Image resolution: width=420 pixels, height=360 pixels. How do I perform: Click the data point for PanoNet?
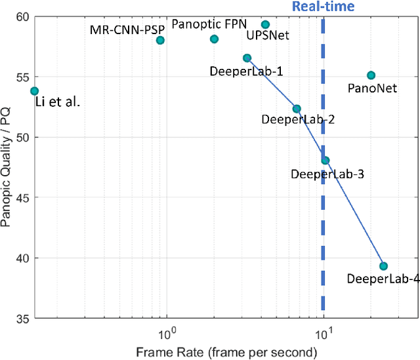(x=371, y=75)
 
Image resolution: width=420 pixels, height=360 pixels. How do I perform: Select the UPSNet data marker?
(x=265, y=25)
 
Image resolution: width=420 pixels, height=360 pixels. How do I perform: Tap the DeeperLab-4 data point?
(x=383, y=266)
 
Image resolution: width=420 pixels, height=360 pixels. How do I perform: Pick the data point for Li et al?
(x=34, y=91)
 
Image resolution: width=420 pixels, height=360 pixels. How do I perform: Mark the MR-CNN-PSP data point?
(x=160, y=40)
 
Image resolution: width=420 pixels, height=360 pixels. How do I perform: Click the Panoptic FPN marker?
(x=214, y=39)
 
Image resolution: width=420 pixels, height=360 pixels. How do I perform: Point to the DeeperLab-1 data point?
(x=247, y=58)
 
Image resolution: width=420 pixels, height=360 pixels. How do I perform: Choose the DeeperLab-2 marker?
(x=297, y=109)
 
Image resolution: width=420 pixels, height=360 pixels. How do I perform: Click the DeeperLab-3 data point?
(x=325, y=160)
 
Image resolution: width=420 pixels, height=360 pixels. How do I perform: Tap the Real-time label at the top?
(x=323, y=7)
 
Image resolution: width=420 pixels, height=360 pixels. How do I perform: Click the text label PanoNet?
(x=372, y=88)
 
